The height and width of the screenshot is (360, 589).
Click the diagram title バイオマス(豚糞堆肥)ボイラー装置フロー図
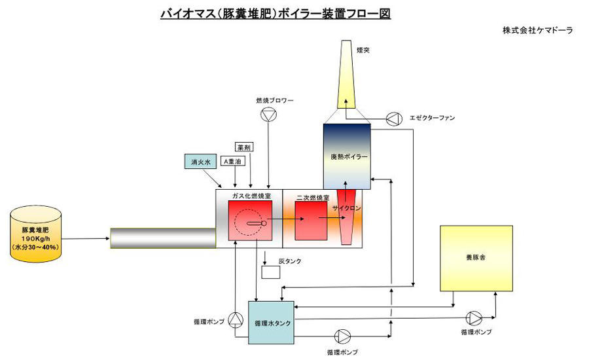(x=276, y=13)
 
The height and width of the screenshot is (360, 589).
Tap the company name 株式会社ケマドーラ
(x=537, y=31)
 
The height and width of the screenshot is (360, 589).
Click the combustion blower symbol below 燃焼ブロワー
(x=268, y=115)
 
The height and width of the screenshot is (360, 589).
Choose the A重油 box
(x=233, y=161)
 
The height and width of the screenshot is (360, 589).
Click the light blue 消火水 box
(x=200, y=162)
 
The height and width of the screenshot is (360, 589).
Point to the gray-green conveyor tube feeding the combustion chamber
(x=163, y=238)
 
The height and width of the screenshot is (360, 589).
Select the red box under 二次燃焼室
(x=310, y=221)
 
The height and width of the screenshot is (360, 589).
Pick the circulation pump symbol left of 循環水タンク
(x=236, y=319)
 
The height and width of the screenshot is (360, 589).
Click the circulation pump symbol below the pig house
(x=474, y=318)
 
